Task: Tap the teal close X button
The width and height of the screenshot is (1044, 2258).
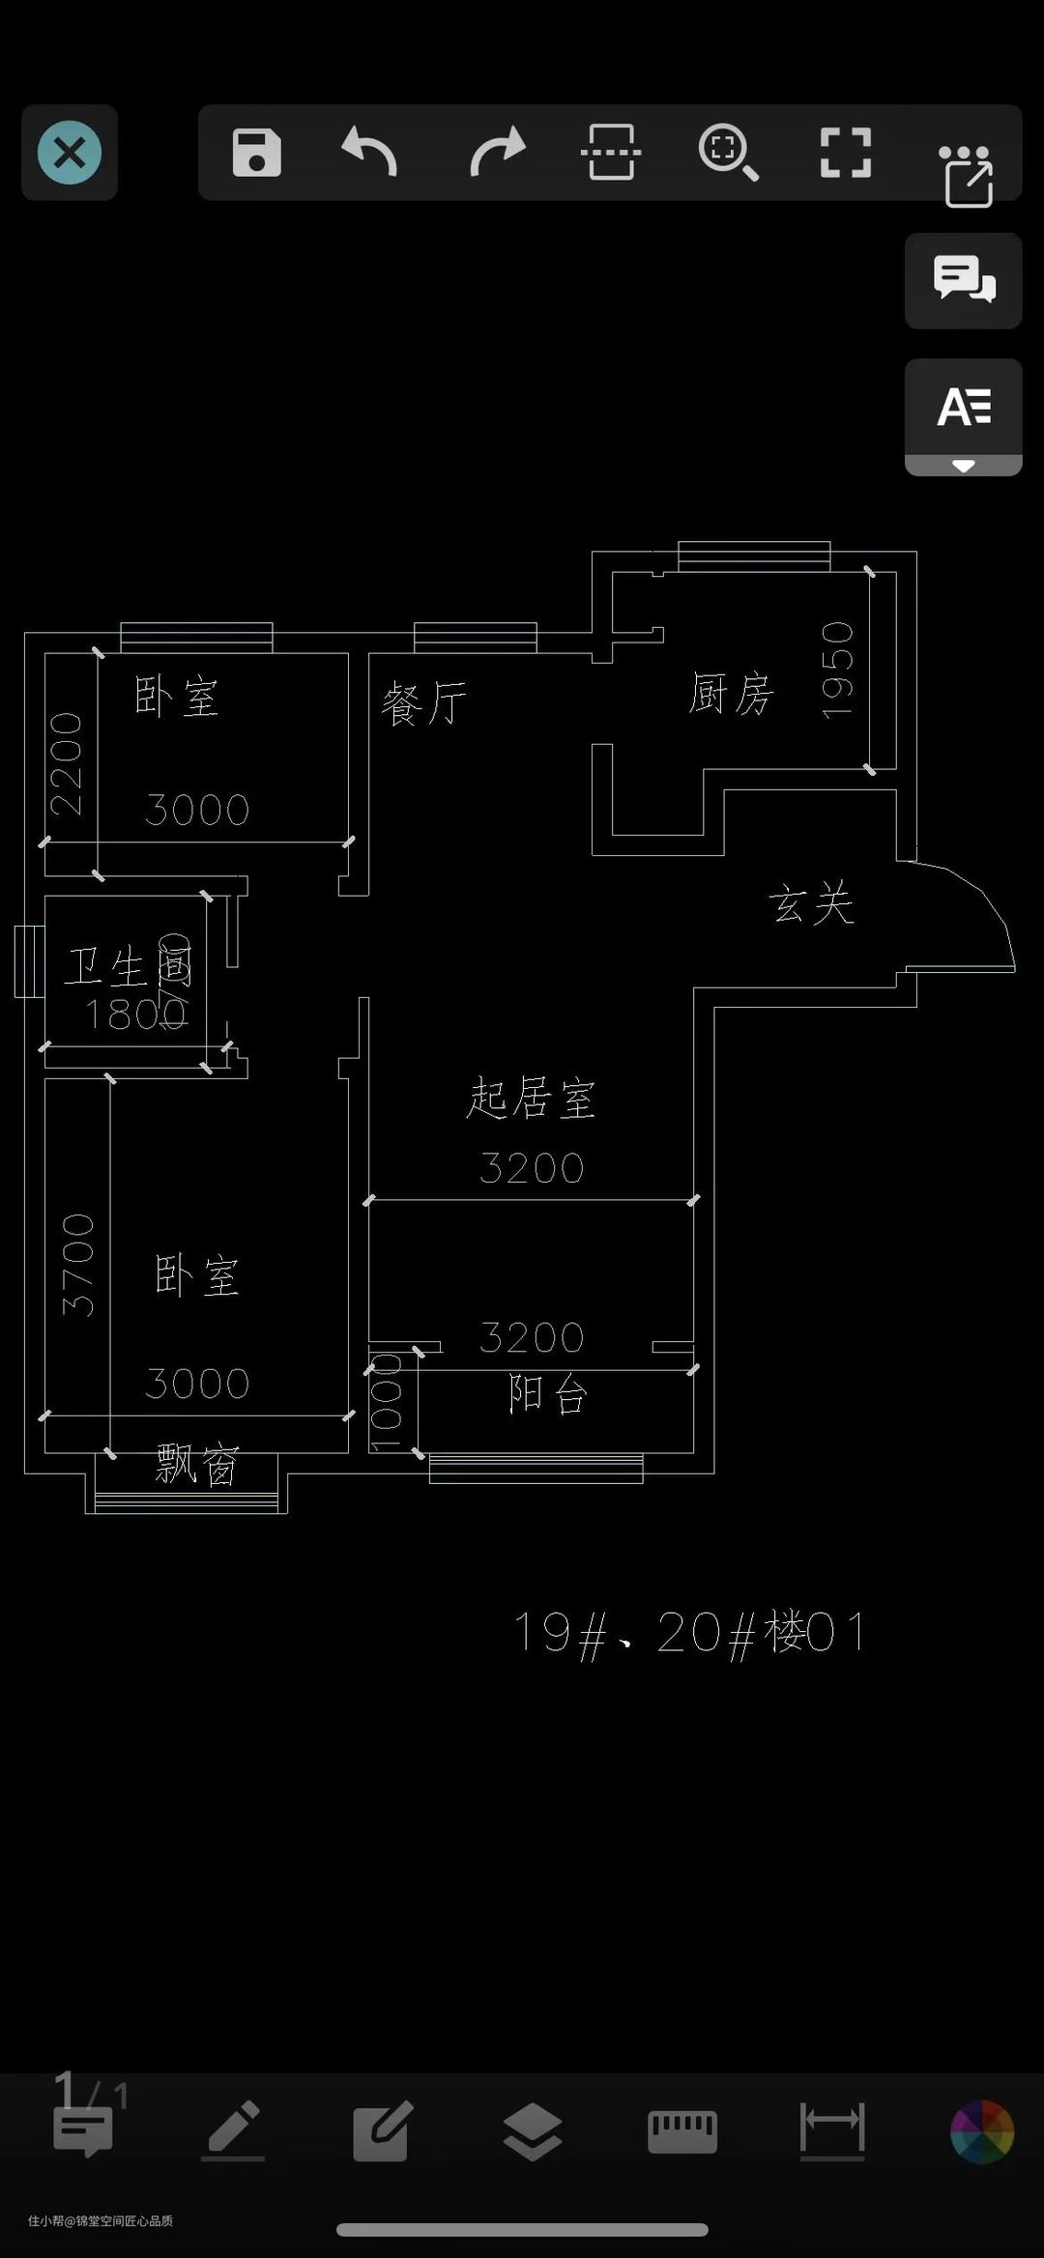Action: pos(70,153)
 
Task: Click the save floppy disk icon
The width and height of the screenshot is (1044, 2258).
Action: pos(256,153)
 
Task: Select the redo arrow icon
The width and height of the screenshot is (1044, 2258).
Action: pos(497,153)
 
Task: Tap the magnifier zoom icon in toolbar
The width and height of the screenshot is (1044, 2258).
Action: pos(727,153)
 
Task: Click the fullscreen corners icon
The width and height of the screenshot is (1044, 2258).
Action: pos(845,153)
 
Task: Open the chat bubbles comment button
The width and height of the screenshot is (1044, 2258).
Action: pos(963,280)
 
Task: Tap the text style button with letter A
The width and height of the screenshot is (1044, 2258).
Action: pos(963,407)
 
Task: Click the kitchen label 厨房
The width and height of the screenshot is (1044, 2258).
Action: pos(731,694)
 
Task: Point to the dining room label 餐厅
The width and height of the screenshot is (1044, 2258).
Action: pos(423,702)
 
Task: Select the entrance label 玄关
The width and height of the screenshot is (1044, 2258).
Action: pos(811,904)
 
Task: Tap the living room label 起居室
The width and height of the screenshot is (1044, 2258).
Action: pos(531,1098)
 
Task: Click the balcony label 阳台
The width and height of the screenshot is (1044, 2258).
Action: pos(547,1394)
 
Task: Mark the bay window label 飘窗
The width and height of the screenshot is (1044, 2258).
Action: pos(197,1465)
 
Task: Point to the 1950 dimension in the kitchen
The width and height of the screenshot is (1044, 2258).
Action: pos(837,670)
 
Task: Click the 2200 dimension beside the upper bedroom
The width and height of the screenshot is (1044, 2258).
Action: pos(67,763)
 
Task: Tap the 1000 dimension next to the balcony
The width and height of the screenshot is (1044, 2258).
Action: pos(386,1401)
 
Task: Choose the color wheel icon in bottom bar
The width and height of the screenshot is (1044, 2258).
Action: pos(981,2130)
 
